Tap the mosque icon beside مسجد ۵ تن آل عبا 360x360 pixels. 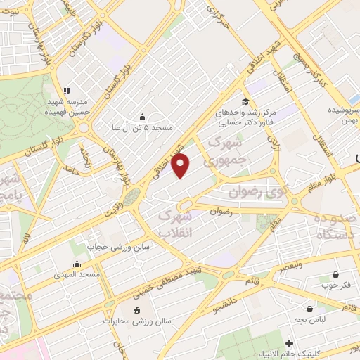[x=143, y=117]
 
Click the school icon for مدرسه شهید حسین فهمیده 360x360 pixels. [x=67, y=91]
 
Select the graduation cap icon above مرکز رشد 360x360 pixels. [x=245, y=101]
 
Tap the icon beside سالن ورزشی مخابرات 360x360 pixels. [x=136, y=311]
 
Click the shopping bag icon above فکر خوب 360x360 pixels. [x=337, y=274]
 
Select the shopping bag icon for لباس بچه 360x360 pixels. [x=309, y=308]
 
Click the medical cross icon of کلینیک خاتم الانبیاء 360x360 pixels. [x=289, y=342]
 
